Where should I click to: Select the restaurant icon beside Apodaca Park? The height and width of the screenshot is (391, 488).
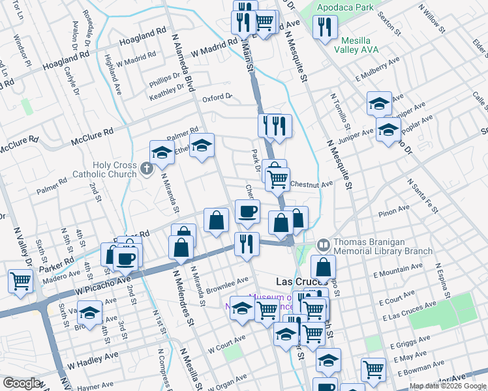(x=324, y=27)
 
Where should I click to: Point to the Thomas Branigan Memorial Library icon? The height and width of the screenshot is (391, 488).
(x=323, y=245)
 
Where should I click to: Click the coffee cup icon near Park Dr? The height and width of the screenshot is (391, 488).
(x=247, y=211)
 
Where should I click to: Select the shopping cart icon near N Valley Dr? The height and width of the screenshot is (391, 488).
(x=20, y=282)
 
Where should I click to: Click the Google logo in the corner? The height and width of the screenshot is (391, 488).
(x=22, y=383)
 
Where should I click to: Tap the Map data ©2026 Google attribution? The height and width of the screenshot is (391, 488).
(x=447, y=386)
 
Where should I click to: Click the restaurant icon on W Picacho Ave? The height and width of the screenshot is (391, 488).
(x=247, y=244)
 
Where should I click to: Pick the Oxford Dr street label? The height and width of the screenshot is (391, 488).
(x=217, y=98)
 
